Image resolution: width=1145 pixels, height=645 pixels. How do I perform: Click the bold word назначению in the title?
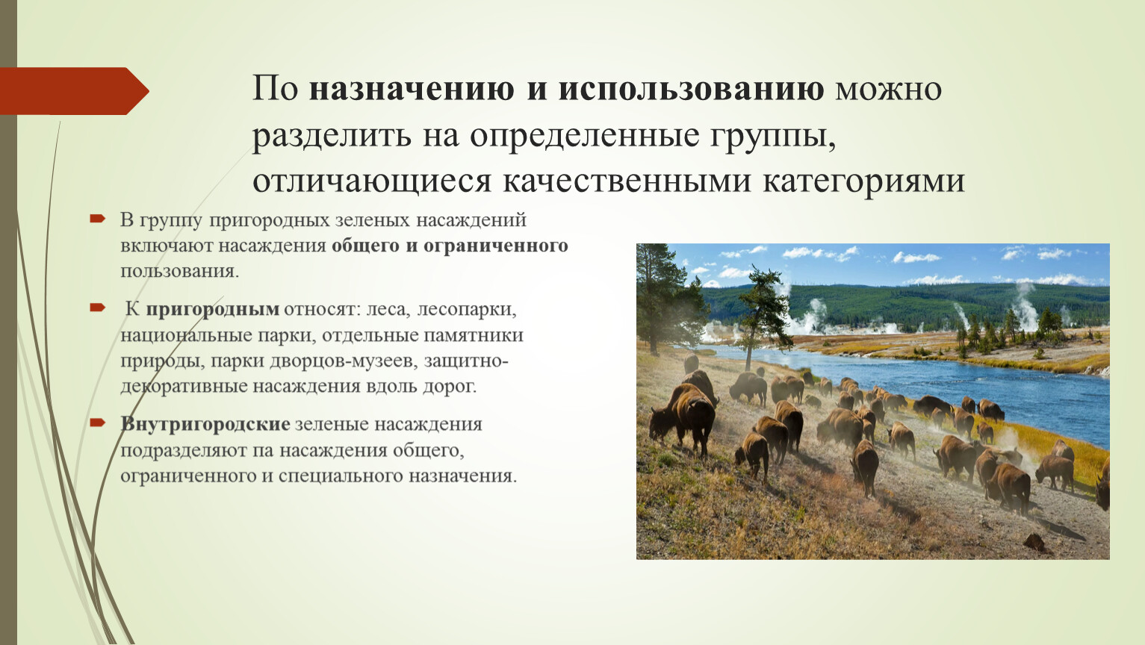412,88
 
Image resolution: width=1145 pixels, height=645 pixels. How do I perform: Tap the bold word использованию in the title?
691,88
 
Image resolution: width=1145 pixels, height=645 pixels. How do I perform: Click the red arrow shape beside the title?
74,91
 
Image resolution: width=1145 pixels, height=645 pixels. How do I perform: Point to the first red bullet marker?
97,219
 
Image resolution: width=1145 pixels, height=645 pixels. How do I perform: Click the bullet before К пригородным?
97,307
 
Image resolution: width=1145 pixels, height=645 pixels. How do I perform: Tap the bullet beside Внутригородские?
97,423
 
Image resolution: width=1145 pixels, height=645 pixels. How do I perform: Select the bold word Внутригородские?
205,424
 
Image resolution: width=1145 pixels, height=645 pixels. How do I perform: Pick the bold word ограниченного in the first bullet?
496,246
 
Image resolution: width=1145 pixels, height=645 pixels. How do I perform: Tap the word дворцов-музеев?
341,361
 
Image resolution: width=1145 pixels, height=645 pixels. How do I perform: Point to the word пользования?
179,272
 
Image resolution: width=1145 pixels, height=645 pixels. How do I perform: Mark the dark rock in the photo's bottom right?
1036,542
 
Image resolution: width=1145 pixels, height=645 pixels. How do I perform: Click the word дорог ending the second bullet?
450,387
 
